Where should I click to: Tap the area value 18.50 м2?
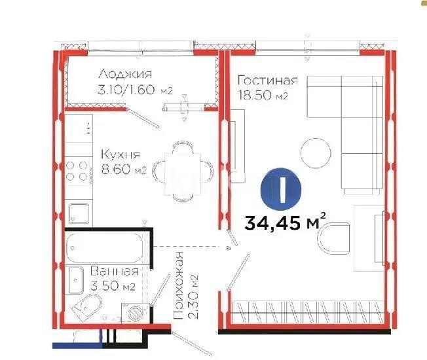(263, 96)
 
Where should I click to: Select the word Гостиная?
(267, 81)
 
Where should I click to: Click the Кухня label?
(120, 155)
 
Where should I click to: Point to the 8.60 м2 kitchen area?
(123, 171)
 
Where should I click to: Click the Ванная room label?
(114, 271)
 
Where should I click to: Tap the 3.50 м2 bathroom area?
(113, 286)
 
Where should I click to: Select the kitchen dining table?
(183, 169)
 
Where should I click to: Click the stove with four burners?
(78, 170)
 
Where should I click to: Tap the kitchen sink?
(78, 213)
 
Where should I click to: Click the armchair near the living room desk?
(335, 240)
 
